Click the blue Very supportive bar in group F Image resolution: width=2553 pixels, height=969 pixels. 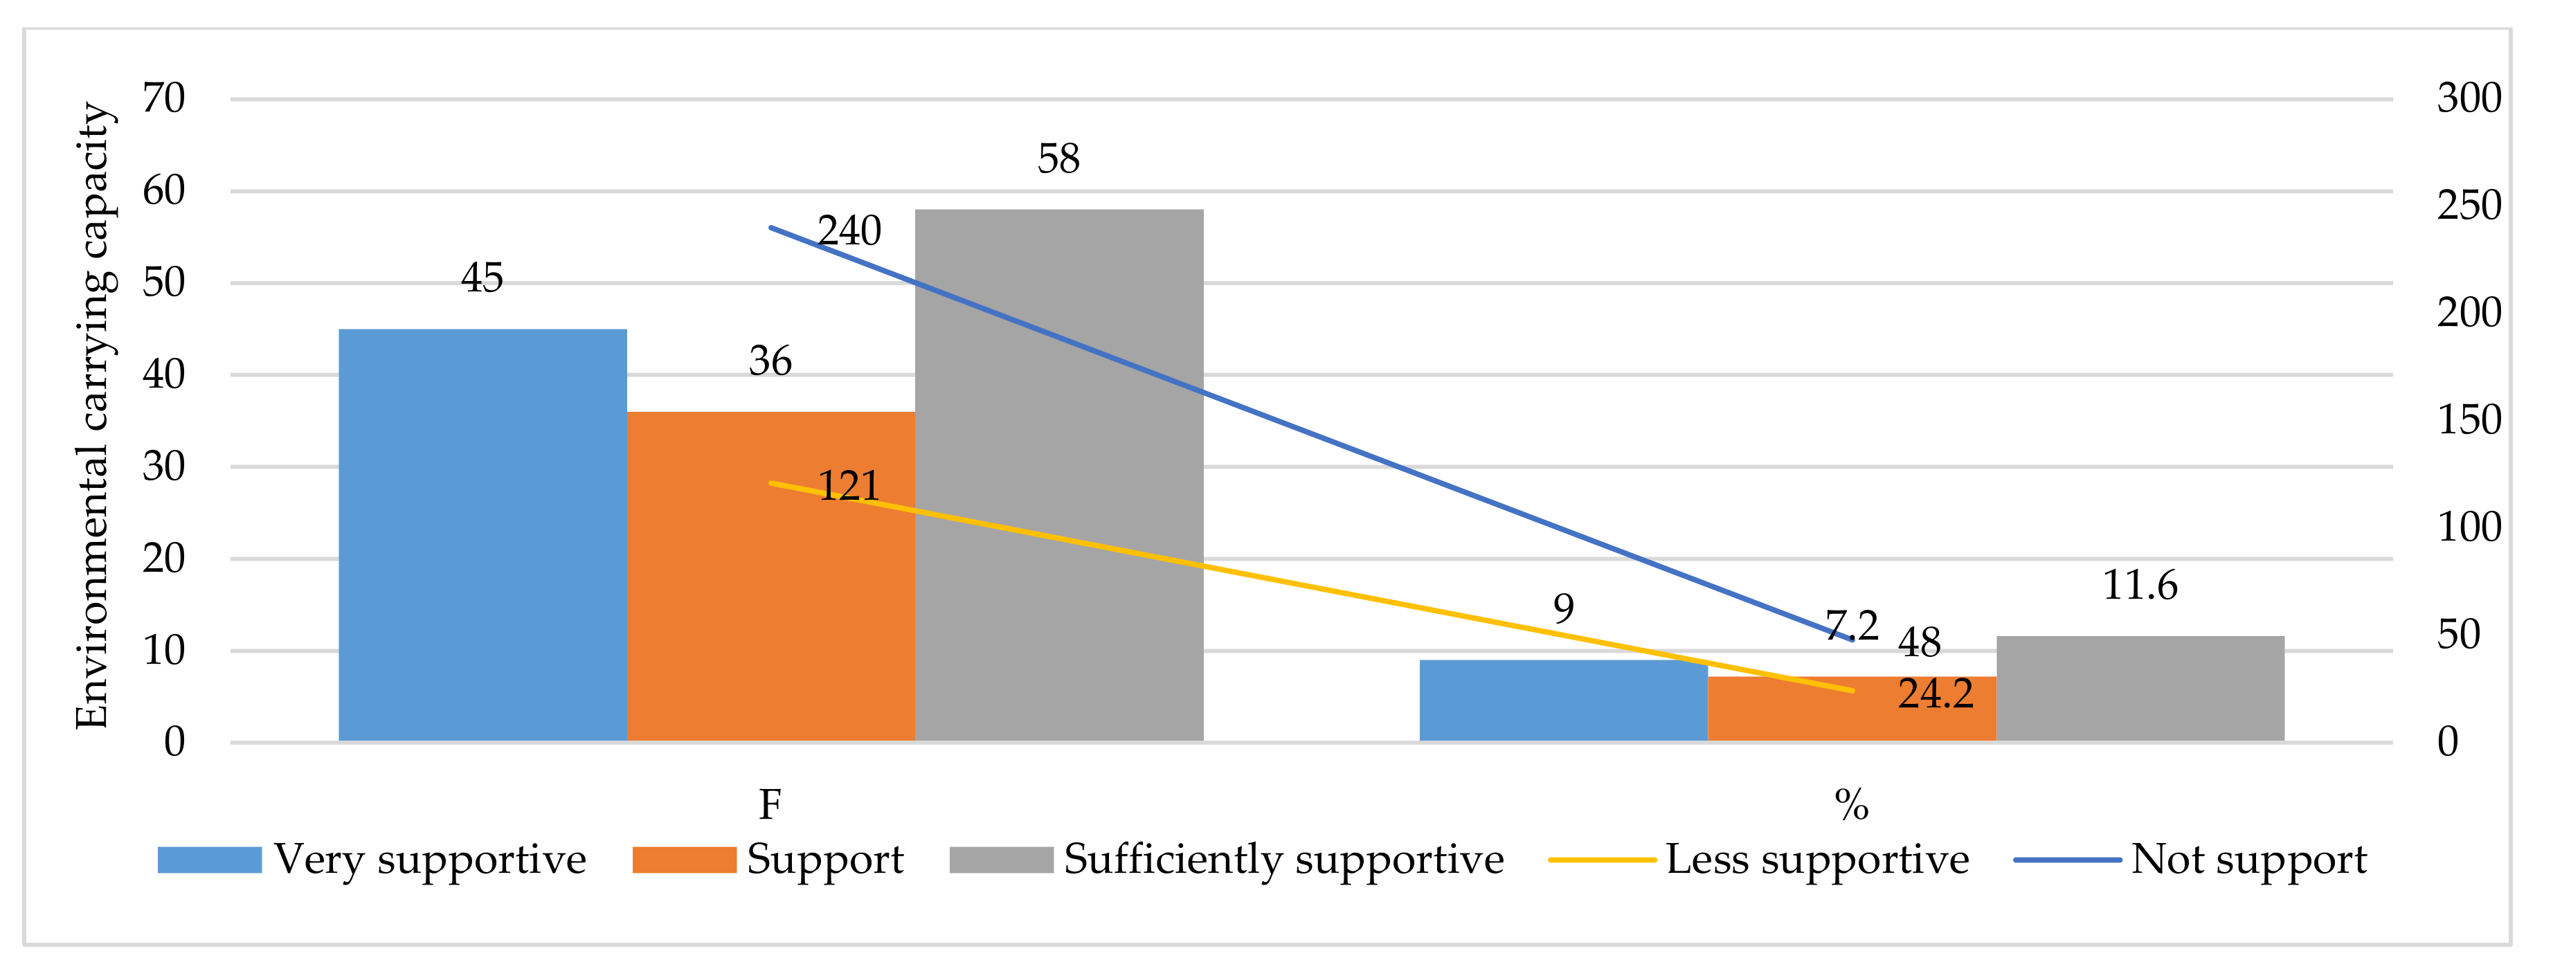(x=482, y=535)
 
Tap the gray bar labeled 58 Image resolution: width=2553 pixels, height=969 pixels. (x=1058, y=476)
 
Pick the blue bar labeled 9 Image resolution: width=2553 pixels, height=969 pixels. (x=1563, y=700)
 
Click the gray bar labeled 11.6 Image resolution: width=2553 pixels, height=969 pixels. (x=2140, y=689)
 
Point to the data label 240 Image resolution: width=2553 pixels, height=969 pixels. (x=849, y=231)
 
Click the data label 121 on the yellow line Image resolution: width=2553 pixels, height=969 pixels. (x=849, y=485)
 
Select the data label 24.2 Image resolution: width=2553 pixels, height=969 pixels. (x=1936, y=694)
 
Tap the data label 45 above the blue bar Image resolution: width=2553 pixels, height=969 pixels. (x=482, y=278)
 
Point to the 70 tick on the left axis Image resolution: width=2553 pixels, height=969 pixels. (x=163, y=98)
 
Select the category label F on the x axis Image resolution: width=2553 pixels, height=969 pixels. (x=770, y=804)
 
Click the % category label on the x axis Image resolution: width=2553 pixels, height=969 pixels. (x=1851, y=804)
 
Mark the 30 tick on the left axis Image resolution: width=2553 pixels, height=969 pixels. (x=163, y=467)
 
